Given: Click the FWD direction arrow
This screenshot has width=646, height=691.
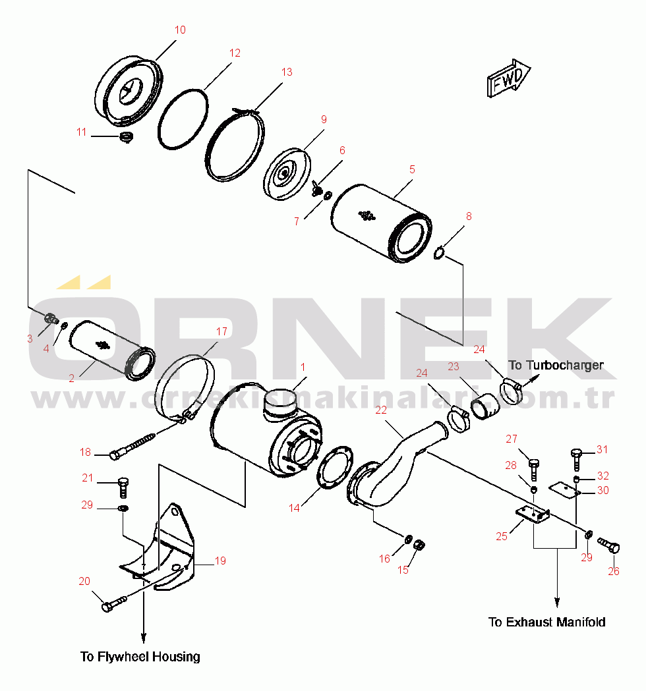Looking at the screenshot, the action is [508, 78].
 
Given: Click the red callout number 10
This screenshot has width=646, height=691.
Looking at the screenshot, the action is [180, 30].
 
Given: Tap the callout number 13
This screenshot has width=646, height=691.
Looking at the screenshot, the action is [287, 72].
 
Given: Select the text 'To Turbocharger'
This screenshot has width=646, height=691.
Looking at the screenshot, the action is [556, 366].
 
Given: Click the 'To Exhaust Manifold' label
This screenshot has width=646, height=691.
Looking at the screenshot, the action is [546, 622].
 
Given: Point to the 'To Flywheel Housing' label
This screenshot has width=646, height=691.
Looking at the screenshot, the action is [140, 657].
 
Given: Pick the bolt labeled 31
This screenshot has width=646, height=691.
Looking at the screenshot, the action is [576, 459].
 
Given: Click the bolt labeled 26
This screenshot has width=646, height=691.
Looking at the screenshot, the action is [609, 545].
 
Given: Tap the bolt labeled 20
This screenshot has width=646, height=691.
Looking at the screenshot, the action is [114, 603].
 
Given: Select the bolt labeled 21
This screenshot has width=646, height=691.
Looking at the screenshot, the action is [123, 487].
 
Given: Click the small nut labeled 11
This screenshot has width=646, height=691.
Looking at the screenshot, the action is [127, 137].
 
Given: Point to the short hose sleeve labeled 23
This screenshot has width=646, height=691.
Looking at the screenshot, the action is [486, 406].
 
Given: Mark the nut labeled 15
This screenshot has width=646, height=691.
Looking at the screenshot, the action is [420, 545].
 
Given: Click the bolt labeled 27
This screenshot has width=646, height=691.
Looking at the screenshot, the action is [533, 469].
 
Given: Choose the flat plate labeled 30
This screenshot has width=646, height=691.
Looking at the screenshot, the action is [565, 489].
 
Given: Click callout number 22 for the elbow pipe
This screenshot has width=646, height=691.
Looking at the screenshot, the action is [380, 410].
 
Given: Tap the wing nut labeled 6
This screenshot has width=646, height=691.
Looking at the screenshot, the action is [316, 188].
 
